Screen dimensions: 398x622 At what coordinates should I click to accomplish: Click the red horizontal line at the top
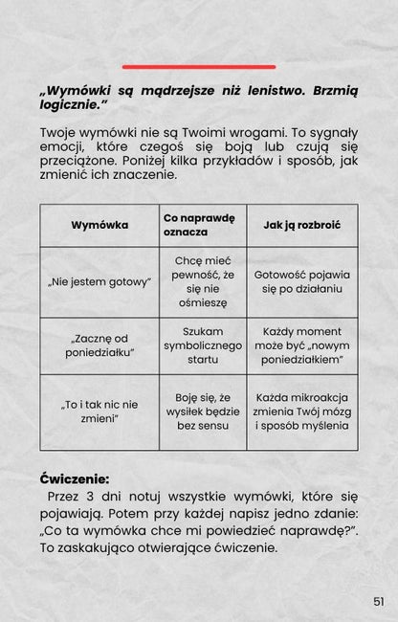(199, 67)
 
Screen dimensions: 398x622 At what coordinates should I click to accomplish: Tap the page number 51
(378, 601)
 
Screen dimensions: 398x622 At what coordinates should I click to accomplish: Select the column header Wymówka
(99, 225)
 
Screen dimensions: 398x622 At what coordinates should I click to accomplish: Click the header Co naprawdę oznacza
(199, 225)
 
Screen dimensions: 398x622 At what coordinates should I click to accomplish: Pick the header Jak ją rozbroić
(301, 225)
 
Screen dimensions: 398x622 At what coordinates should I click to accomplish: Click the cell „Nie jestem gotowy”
(99, 281)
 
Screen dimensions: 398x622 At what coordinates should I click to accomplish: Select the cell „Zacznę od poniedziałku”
(99, 346)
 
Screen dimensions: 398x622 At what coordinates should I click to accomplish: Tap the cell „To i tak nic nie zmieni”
(99, 411)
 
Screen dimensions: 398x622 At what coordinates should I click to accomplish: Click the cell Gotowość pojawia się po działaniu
(301, 281)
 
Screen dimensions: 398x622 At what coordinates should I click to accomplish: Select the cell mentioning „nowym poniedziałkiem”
(301, 346)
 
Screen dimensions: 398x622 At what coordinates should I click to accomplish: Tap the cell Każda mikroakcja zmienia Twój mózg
(301, 411)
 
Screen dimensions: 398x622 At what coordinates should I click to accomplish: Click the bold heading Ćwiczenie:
(75, 478)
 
